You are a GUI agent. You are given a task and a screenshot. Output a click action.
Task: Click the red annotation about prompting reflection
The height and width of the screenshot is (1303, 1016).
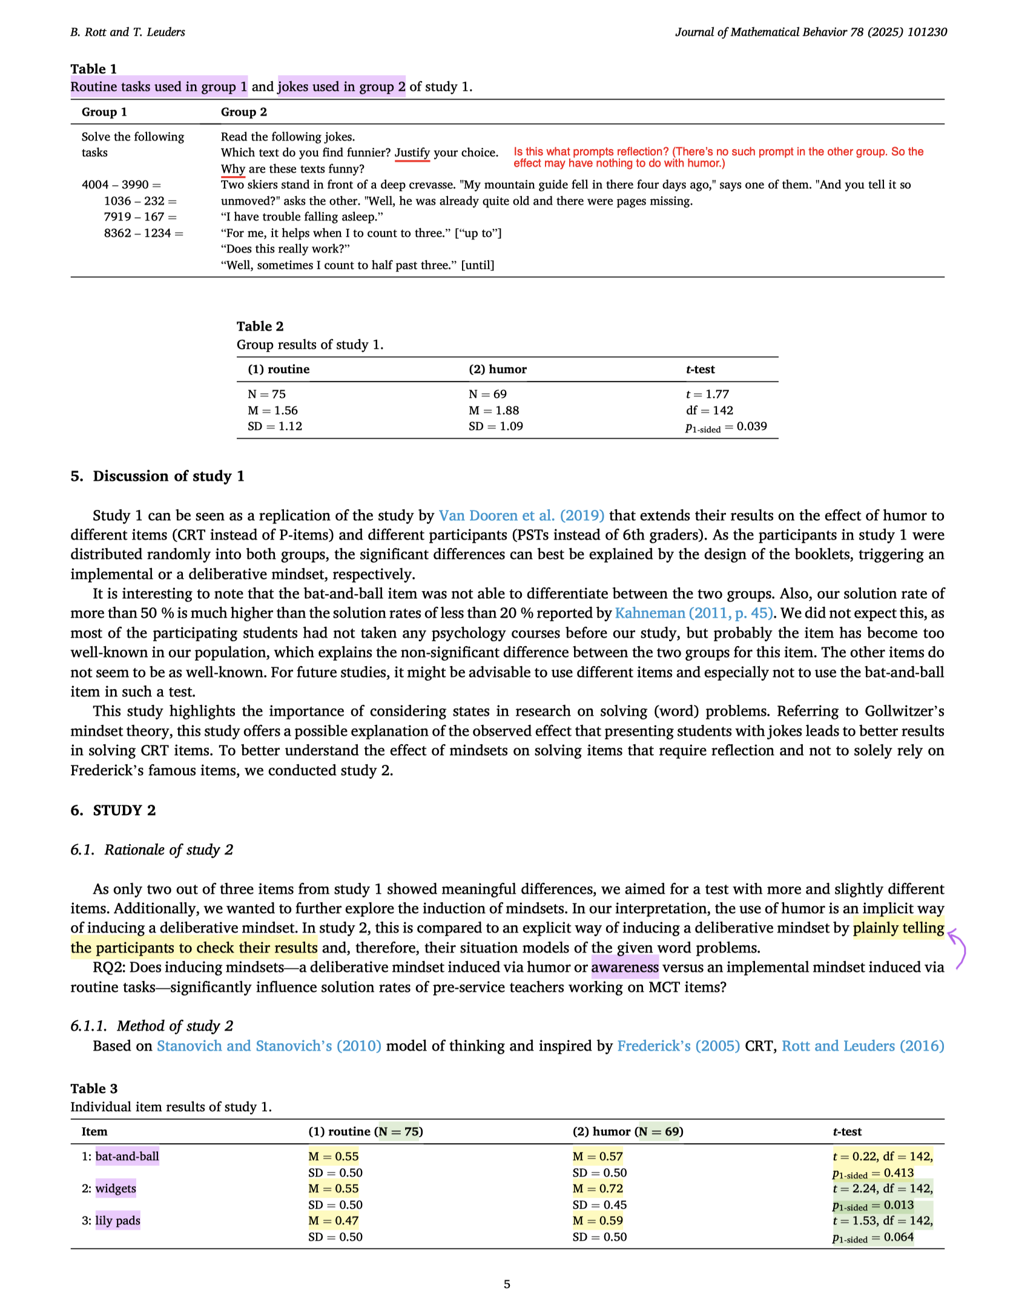tap(718, 157)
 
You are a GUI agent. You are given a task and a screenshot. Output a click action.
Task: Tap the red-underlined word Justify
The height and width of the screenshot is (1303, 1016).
tap(412, 153)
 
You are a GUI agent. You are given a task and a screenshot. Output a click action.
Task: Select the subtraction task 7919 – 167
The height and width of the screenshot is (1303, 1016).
tap(140, 217)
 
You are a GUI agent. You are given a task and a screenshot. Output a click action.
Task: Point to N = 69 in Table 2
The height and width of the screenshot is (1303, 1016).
tap(487, 394)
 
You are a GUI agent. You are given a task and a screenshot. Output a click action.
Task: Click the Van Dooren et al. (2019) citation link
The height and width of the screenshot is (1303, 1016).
tap(521, 515)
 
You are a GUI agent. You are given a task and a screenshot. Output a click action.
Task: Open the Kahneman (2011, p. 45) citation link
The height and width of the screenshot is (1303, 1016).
tap(694, 613)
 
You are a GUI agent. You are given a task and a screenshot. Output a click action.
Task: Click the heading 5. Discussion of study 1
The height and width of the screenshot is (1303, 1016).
tap(157, 476)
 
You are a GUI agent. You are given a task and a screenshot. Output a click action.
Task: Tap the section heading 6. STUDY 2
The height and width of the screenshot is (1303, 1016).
tap(113, 810)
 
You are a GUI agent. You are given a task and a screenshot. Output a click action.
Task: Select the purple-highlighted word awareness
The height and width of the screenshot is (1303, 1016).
tap(624, 968)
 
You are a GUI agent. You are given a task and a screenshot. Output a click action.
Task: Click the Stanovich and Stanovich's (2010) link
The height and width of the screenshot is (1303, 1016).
tap(269, 1046)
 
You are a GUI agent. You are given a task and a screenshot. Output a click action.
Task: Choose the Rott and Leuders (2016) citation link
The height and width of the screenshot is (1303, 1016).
tap(863, 1046)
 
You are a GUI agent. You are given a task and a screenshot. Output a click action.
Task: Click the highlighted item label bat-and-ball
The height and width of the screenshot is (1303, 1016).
tap(127, 1156)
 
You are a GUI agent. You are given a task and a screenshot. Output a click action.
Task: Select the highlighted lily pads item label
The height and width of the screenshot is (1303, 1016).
tap(117, 1221)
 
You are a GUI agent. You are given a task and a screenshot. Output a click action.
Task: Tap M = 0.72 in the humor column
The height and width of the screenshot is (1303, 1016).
tap(598, 1189)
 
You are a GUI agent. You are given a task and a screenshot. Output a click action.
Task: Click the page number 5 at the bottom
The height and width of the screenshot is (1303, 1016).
tap(507, 1284)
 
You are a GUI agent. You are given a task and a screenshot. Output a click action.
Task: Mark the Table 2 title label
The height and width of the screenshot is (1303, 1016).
tap(260, 326)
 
